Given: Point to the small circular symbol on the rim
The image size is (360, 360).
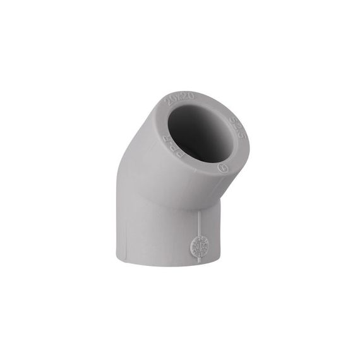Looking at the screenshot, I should coord(222,169).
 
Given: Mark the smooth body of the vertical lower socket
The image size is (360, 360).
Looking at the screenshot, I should coord(161,234).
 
